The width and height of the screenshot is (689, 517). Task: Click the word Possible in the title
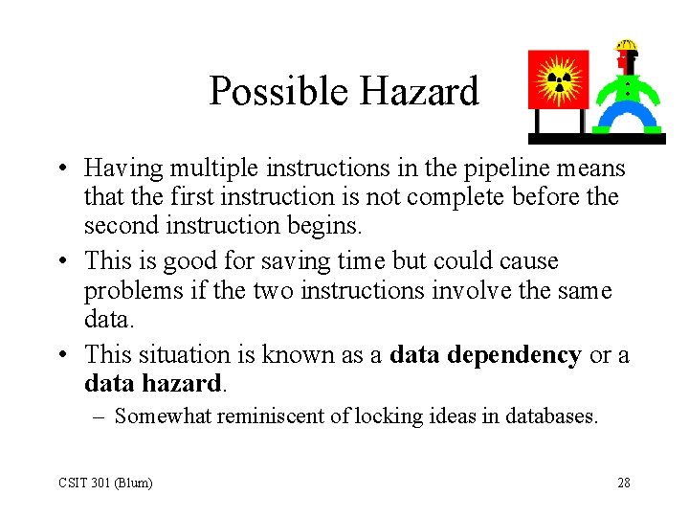277,93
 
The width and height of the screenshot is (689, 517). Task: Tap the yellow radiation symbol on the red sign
559,79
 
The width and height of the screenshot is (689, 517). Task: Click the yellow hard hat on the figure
627,45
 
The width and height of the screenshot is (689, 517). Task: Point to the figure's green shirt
627,90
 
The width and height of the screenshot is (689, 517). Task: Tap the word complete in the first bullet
474,197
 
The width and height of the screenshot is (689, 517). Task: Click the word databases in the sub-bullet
549,416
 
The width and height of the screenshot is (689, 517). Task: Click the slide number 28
624,483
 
